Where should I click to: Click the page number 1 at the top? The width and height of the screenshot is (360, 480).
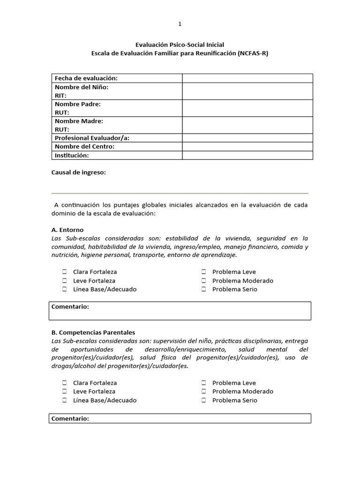pyautogui.click(x=180, y=24)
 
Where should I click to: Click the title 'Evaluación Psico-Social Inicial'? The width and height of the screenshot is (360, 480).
pyautogui.click(x=180, y=45)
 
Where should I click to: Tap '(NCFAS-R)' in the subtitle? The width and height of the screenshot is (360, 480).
pyautogui.click(x=253, y=53)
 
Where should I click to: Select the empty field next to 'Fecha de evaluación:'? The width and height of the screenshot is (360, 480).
pyautogui.click(x=247, y=78)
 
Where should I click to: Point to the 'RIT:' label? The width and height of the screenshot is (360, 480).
pyautogui.click(x=61, y=96)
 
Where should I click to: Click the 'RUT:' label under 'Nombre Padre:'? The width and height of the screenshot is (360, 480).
pyautogui.click(x=62, y=112)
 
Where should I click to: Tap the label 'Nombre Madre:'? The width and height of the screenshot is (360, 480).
pyautogui.click(x=79, y=121)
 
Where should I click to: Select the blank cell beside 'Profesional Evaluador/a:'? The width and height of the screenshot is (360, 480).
pyautogui.click(x=247, y=138)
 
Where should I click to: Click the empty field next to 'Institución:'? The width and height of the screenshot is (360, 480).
pyautogui.click(x=247, y=155)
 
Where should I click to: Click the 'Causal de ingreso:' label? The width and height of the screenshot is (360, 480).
pyautogui.click(x=78, y=172)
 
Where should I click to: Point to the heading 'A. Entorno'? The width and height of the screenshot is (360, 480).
pyautogui.click(x=67, y=230)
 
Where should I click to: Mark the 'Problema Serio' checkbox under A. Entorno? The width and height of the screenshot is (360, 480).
pyautogui.click(x=204, y=289)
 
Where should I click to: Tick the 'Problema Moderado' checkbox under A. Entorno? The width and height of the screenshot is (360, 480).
pyautogui.click(x=204, y=281)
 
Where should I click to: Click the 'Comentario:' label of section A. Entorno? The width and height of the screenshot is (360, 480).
pyautogui.click(x=70, y=307)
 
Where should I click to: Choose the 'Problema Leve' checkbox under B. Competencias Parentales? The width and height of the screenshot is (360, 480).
pyautogui.click(x=204, y=383)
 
